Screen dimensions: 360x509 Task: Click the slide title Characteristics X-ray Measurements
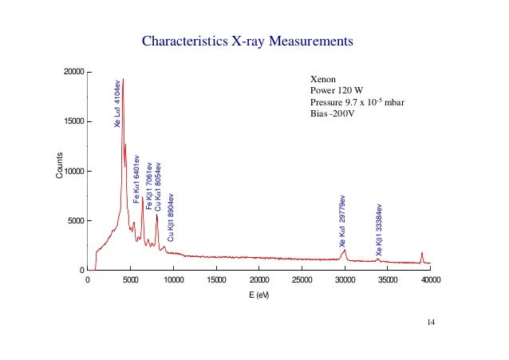coord(247,40)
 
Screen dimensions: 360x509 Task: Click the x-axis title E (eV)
coord(258,295)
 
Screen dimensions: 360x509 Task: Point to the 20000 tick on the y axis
coord(73,72)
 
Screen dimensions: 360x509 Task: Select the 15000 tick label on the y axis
coord(73,121)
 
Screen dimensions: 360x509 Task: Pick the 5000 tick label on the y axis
coord(75,220)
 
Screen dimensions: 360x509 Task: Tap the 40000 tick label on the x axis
coord(430,280)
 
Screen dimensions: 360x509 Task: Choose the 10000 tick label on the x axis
coord(173,280)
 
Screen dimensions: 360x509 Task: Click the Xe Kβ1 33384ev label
coord(379,230)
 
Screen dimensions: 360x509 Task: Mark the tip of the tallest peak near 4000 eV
coord(123,79)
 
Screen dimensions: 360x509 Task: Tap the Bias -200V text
coord(331,113)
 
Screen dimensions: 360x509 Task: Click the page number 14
coord(431,322)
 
